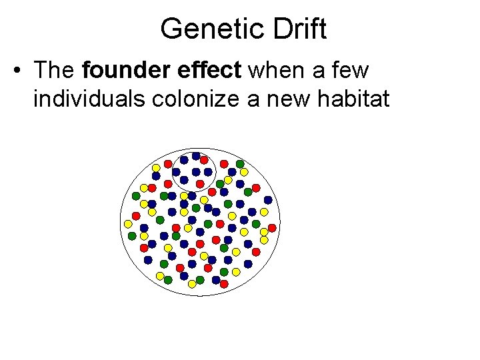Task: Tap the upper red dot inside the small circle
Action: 204,160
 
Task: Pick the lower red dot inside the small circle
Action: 200,183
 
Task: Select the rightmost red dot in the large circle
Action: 272,227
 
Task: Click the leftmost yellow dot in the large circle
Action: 128,223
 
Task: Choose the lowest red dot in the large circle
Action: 224,284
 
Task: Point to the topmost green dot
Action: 240,163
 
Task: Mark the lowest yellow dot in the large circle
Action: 192,284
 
